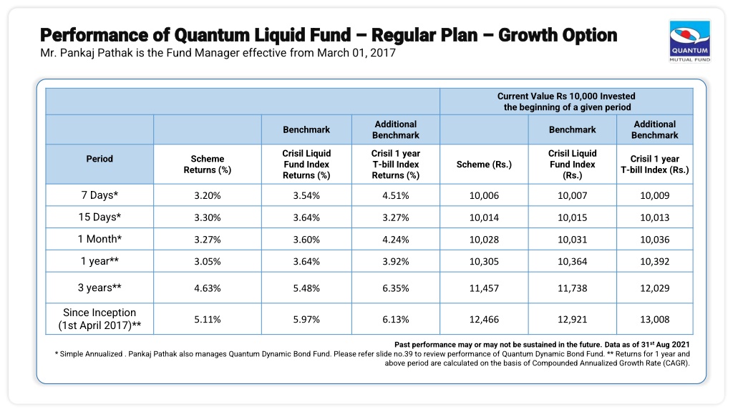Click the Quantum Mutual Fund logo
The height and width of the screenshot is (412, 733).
(x=689, y=41)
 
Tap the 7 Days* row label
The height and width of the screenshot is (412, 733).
(x=99, y=195)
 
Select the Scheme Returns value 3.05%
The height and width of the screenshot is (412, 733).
(x=208, y=262)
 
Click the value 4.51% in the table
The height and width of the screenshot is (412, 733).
(x=395, y=196)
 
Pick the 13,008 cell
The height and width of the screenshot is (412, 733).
(x=654, y=320)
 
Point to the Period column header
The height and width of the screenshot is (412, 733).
(x=99, y=159)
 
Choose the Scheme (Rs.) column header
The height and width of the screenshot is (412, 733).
(x=484, y=165)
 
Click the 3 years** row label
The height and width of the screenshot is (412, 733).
(x=99, y=288)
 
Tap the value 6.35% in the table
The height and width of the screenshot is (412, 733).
(x=395, y=288)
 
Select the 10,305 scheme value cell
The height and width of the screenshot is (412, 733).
(x=484, y=262)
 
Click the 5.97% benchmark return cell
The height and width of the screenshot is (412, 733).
(x=306, y=320)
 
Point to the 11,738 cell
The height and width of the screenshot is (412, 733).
(x=572, y=288)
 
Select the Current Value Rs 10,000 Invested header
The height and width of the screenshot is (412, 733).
(x=566, y=97)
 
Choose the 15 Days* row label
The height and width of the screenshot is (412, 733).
(x=99, y=217)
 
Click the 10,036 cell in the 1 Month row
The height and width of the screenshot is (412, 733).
(x=654, y=240)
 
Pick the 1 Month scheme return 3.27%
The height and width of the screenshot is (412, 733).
(x=208, y=240)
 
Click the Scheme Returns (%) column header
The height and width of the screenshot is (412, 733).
(x=208, y=165)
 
